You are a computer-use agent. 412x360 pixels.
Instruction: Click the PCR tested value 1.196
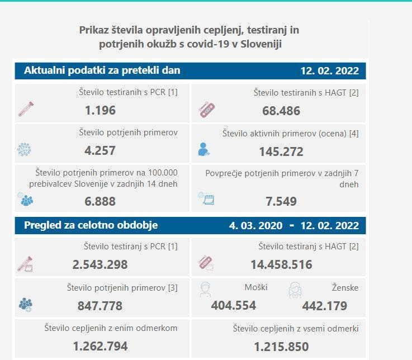tap(100, 110)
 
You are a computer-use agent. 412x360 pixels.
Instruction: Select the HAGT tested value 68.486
tap(281, 111)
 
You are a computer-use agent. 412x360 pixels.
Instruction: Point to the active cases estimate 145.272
tap(281, 151)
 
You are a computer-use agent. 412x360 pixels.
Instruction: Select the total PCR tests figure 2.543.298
tap(100, 264)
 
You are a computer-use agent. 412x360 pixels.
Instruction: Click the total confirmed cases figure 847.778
tap(100, 306)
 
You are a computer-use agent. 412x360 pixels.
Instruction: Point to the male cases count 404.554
tap(234, 306)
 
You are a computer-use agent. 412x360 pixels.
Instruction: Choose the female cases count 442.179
tap(324, 306)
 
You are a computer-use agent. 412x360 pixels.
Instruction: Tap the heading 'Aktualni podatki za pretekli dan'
tap(102, 71)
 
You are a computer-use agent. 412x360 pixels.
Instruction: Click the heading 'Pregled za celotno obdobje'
tap(91, 225)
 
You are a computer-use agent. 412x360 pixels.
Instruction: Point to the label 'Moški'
tap(256, 287)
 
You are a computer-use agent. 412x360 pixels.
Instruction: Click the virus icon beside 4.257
tap(25, 150)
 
